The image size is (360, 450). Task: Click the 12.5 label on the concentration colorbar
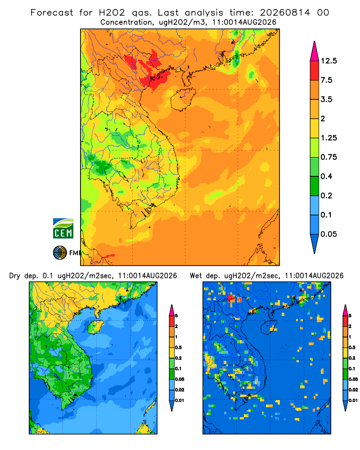coord(328,61)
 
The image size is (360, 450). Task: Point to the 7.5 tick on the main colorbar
coord(326,80)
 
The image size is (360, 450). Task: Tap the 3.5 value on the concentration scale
coord(326,99)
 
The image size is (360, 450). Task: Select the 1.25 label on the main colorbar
coord(328,138)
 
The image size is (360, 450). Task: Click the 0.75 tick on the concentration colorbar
coord(328,157)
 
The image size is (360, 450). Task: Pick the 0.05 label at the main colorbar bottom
coord(328,234)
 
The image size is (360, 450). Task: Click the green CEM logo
coord(63,229)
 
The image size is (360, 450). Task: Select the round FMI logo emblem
coord(60,253)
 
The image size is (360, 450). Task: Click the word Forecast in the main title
coord(52,13)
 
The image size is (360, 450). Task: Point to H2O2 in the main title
coord(112,13)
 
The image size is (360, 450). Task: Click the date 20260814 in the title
coord(285,13)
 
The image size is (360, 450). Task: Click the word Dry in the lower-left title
coord(15,276)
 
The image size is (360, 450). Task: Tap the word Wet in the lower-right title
coord(196,276)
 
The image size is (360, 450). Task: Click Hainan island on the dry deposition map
coord(95,327)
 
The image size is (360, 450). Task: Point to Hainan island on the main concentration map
coord(183,99)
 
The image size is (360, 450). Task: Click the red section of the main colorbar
coord(315,71)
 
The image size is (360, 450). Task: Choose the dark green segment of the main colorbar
coord(315,186)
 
